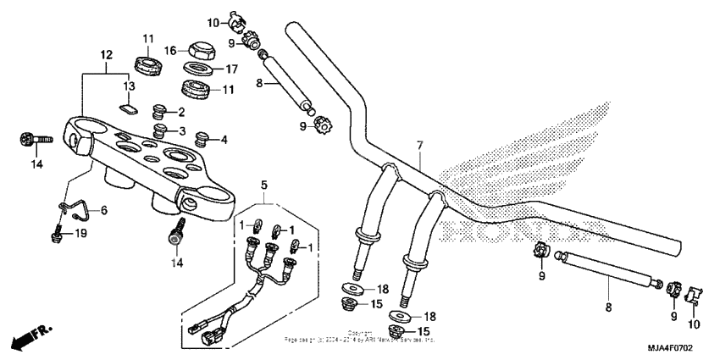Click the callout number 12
coord(106,54)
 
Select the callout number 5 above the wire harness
coord(263,184)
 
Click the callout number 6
coord(105,210)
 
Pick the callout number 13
coord(130,86)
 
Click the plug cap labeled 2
coord(158,111)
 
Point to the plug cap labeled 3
coord(158,130)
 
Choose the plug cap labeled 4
coord(202,137)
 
